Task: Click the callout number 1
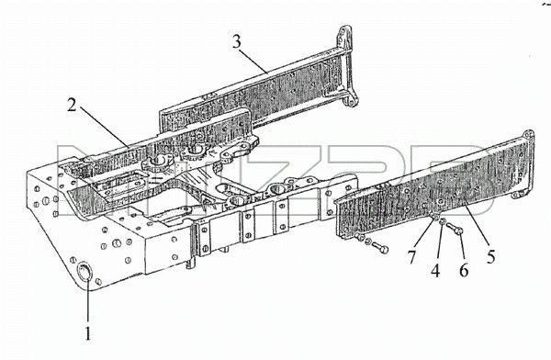87,333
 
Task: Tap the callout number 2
72,106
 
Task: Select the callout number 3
237,42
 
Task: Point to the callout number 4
435,271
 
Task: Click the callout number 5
491,256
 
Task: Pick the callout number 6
464,270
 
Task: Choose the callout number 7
411,257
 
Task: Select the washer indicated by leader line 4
443,222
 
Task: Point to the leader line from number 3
253,61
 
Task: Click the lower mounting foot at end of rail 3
352,101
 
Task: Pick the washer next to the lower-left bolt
367,242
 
